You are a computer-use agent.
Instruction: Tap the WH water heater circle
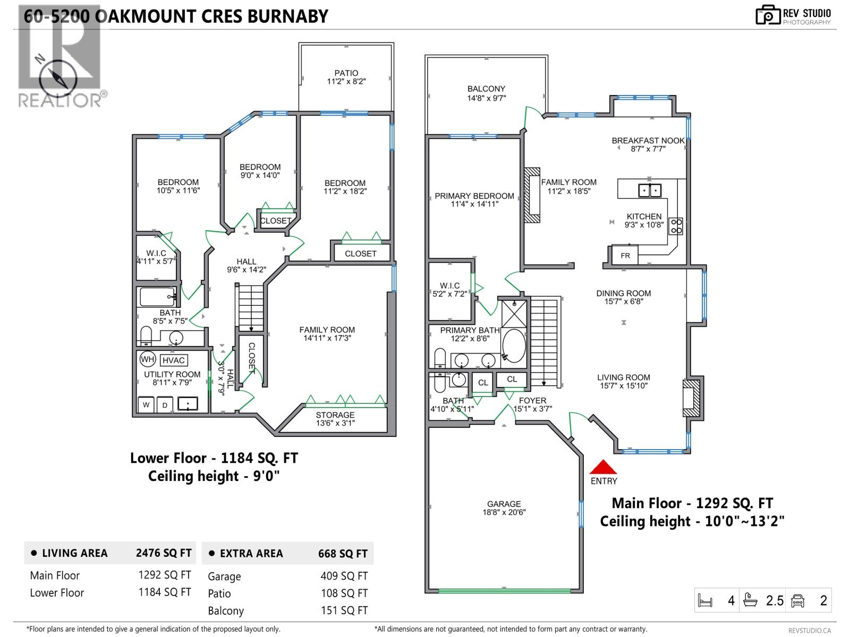(x=147, y=359)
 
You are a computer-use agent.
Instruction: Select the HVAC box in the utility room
(x=173, y=360)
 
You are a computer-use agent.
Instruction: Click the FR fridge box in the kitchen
(x=625, y=255)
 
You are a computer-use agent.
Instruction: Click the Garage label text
(x=504, y=504)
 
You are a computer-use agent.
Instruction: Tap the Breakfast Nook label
(x=648, y=141)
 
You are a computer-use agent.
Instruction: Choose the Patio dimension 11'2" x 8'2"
(x=346, y=82)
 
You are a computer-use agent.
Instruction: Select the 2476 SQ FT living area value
(x=164, y=553)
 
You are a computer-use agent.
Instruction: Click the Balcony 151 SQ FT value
(x=344, y=610)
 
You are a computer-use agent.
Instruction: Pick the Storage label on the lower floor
(x=335, y=415)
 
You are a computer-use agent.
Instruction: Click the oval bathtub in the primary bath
(x=514, y=346)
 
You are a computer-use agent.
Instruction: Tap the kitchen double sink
(x=649, y=190)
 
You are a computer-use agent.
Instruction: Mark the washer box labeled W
(x=146, y=405)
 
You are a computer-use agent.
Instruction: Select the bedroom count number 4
(x=731, y=601)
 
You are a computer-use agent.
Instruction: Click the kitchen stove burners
(x=675, y=226)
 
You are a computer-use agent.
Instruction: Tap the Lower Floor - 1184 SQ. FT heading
(x=214, y=458)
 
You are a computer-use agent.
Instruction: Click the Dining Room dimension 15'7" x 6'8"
(x=623, y=302)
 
